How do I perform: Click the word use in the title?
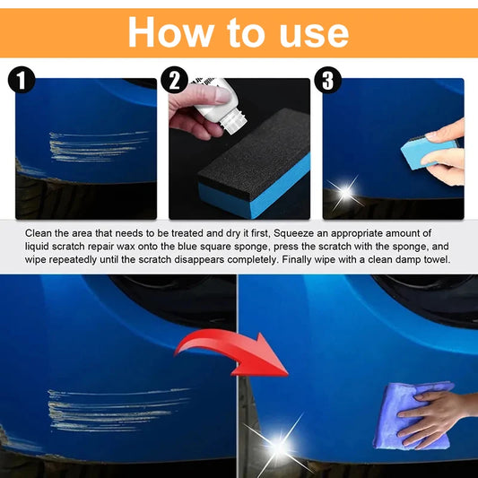(x=311, y=32)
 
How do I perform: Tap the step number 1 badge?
(x=20, y=81)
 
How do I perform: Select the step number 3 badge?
(x=330, y=81)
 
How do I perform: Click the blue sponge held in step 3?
(x=428, y=152)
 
